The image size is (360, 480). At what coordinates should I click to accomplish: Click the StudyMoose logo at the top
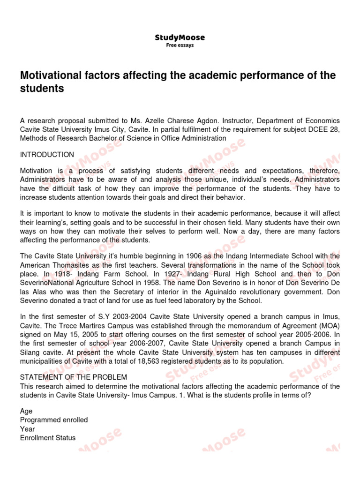click(x=180, y=38)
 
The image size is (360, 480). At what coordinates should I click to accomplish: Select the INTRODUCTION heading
click(x=47, y=155)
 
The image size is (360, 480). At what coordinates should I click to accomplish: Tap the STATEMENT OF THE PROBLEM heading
click(x=74, y=377)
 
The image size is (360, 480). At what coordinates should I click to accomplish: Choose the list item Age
click(x=26, y=411)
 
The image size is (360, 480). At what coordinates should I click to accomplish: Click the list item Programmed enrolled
click(x=54, y=420)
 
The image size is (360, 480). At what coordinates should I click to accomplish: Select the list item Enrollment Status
click(x=48, y=438)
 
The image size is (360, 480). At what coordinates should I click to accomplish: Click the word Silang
click(x=30, y=352)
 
